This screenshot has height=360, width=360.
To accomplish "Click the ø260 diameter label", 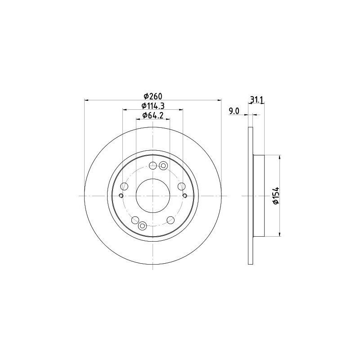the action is click(x=153, y=95).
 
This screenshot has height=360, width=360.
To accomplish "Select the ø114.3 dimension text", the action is click(x=153, y=106).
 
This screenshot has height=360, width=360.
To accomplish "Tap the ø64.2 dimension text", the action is click(x=153, y=116).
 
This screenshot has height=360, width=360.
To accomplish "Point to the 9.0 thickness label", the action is click(x=234, y=111).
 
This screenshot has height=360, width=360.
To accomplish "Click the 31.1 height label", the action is click(x=256, y=99).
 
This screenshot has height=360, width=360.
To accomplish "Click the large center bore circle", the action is click(x=153, y=196).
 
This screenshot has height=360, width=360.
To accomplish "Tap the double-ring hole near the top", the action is click(x=163, y=165).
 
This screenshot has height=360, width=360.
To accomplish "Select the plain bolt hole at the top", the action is click(x=153, y=166).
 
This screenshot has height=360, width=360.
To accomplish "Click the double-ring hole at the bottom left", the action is click(x=142, y=226).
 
